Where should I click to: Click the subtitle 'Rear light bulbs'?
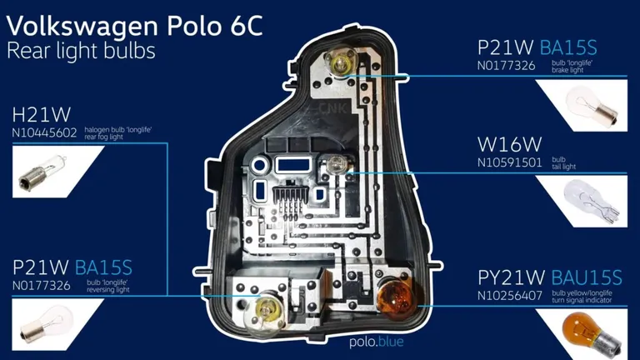[81, 51]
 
